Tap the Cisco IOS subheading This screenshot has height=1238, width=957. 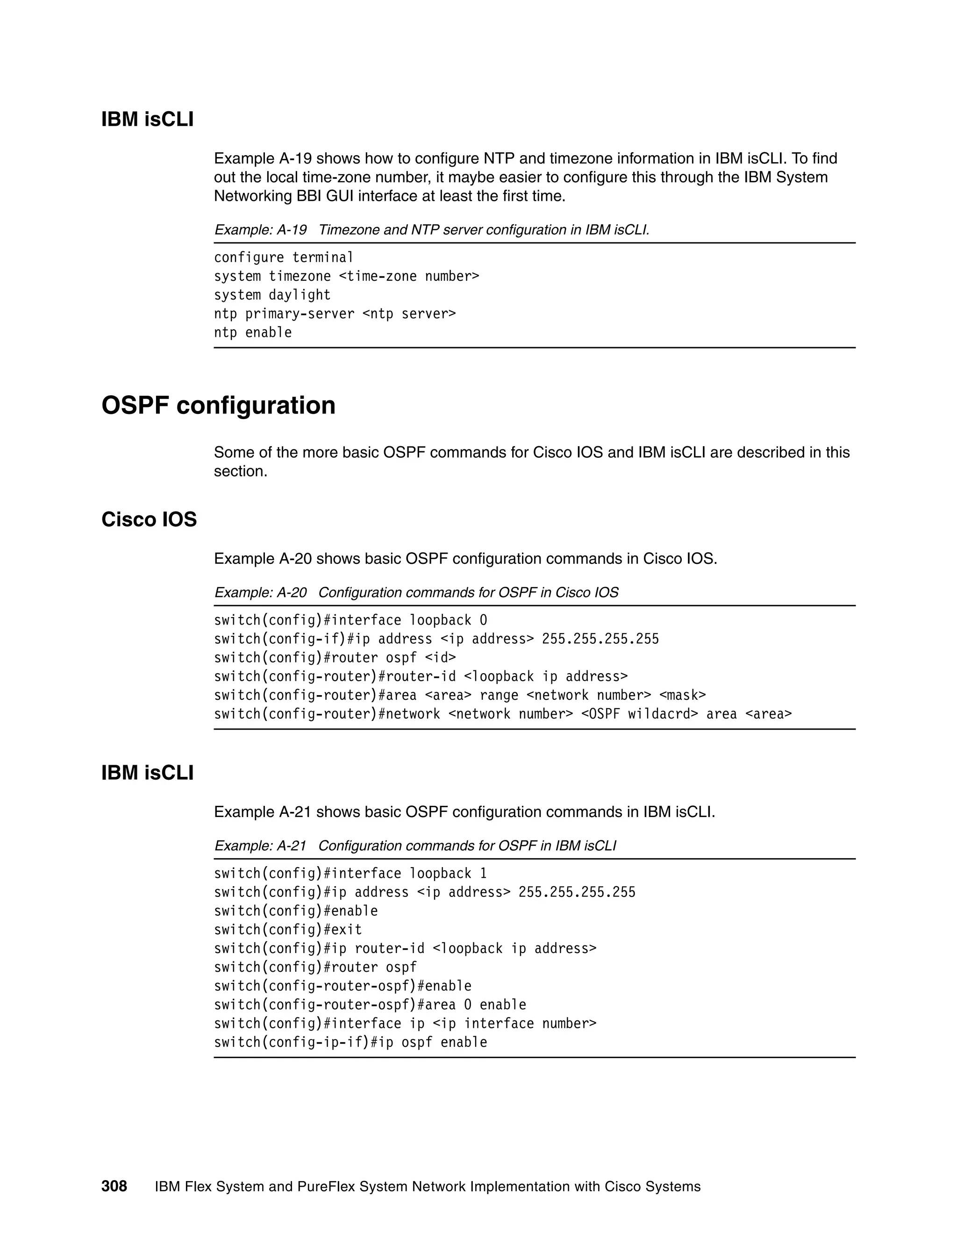pyautogui.click(x=149, y=519)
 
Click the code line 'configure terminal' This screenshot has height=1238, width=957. pyautogui.click(x=284, y=257)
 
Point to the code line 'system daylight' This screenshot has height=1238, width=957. pyautogui.click(x=272, y=295)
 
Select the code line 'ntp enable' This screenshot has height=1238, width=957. pyautogui.click(x=253, y=332)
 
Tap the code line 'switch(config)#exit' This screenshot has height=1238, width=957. pyautogui.click(x=288, y=930)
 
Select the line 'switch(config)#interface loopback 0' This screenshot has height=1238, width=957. pyautogui.click(x=350, y=620)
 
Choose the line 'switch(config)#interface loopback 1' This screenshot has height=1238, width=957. pyautogui.click(x=350, y=874)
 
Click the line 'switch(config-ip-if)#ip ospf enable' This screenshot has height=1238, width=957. pyautogui.click(x=350, y=1042)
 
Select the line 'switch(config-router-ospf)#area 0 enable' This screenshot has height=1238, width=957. pyautogui.click(x=370, y=1004)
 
